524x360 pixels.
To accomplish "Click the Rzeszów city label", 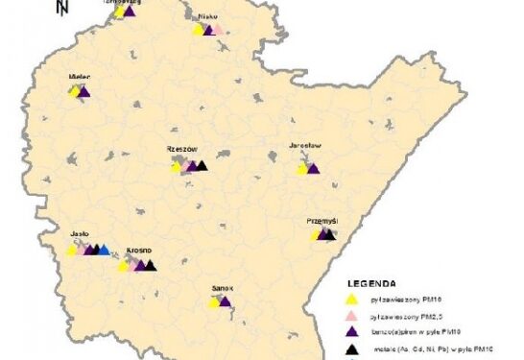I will (x=181, y=150).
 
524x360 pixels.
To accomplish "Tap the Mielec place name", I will (x=79, y=75).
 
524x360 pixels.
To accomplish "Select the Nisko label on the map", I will (x=207, y=17).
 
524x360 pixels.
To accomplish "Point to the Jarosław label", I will (x=304, y=147).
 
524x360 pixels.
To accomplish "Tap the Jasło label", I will (x=80, y=233).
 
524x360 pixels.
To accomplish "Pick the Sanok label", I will (x=223, y=287).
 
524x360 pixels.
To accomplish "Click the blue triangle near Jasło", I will (x=104, y=249).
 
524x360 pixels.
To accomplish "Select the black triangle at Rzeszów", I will (x=202, y=165).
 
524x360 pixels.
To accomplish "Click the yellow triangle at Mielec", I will (x=74, y=91).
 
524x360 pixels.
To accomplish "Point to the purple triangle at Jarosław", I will (x=313, y=168).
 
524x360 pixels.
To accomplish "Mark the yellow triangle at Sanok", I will (x=215, y=302).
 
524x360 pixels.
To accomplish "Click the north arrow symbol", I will (x=61, y=9).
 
